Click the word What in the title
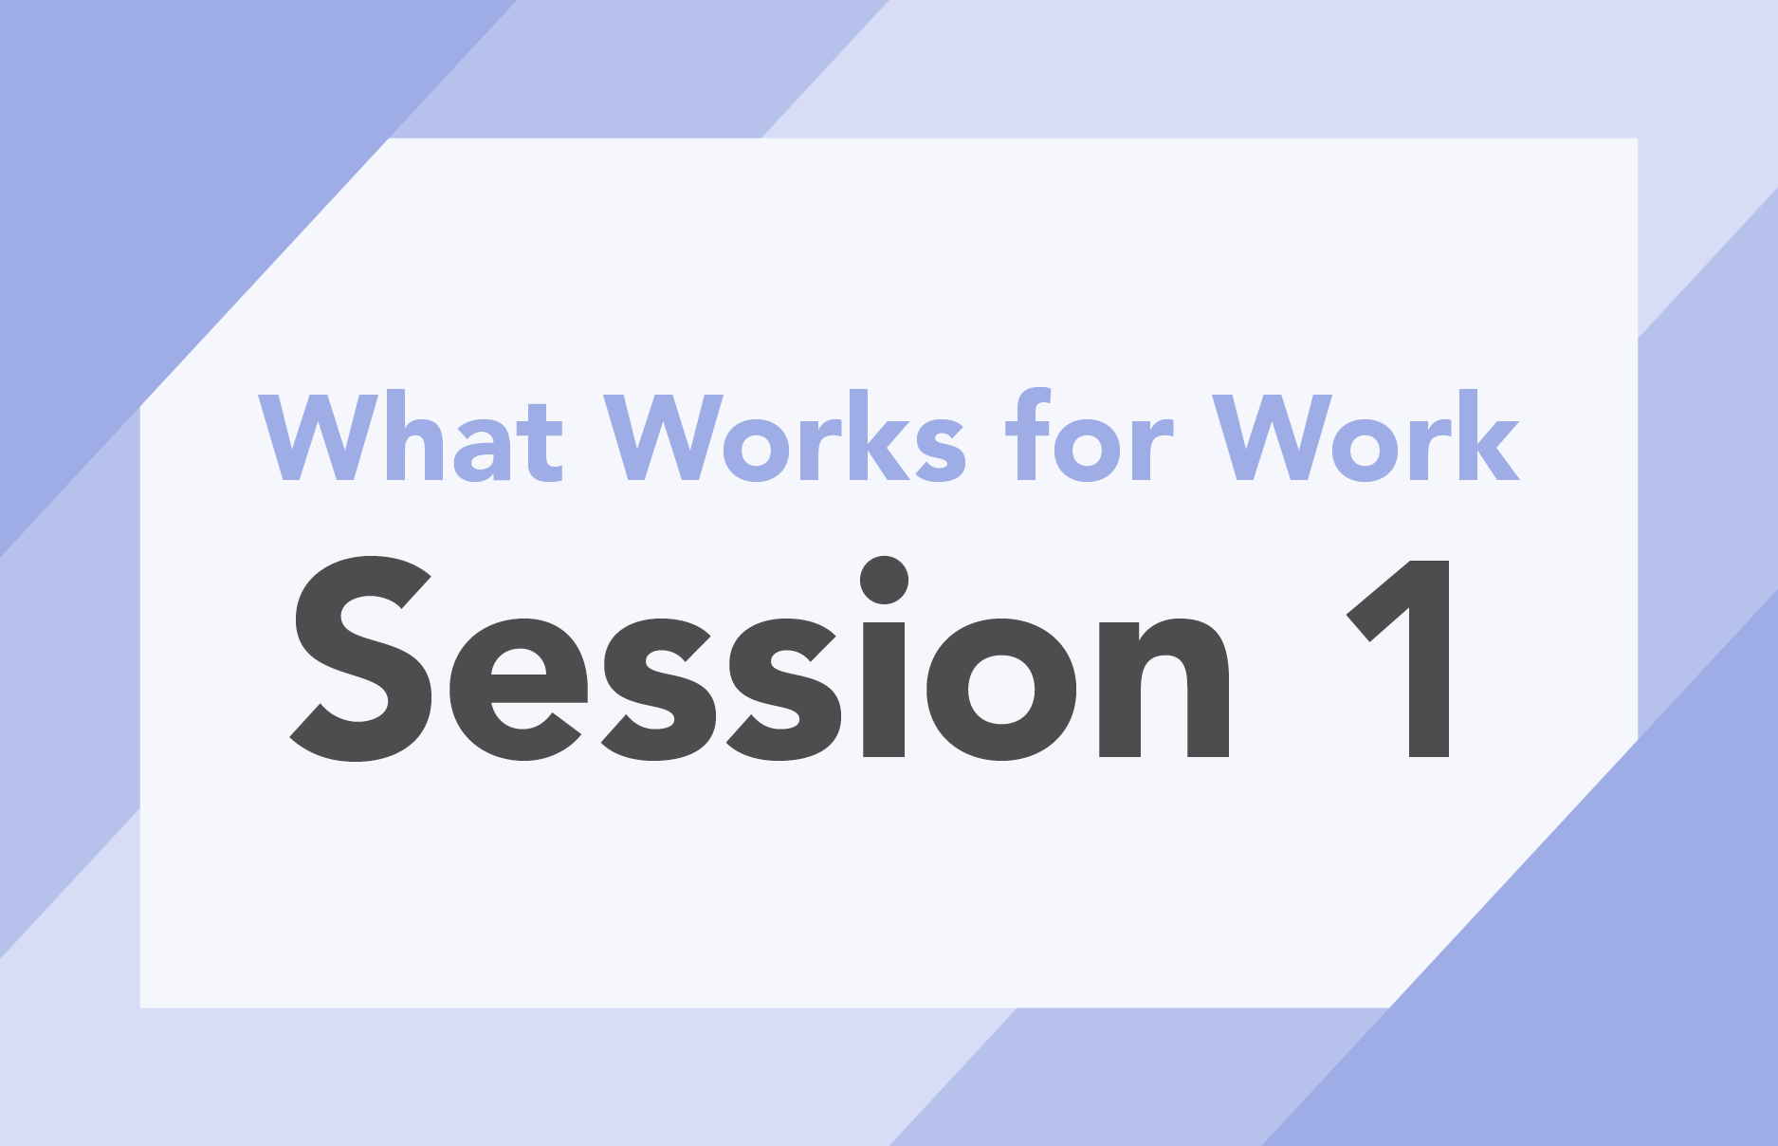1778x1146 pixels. (412, 435)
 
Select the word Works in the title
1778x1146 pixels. (786, 435)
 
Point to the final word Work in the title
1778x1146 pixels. (1366, 435)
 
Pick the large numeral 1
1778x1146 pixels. (1399, 658)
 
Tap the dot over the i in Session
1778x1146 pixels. (885, 580)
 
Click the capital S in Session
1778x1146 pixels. (361, 658)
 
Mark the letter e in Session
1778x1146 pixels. (518, 690)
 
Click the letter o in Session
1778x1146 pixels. (1001, 690)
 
